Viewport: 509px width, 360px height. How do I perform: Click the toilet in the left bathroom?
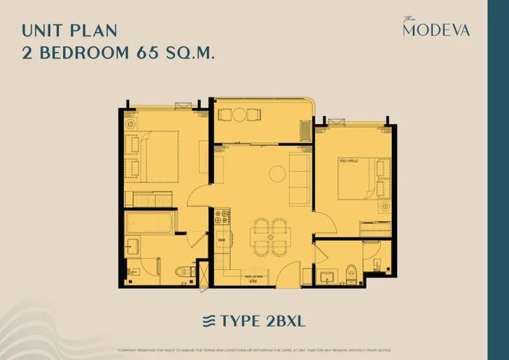[183, 272]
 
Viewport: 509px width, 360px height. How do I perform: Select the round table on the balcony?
[239, 114]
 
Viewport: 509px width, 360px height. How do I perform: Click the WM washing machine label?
[222, 240]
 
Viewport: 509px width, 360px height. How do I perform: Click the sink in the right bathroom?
[328, 276]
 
